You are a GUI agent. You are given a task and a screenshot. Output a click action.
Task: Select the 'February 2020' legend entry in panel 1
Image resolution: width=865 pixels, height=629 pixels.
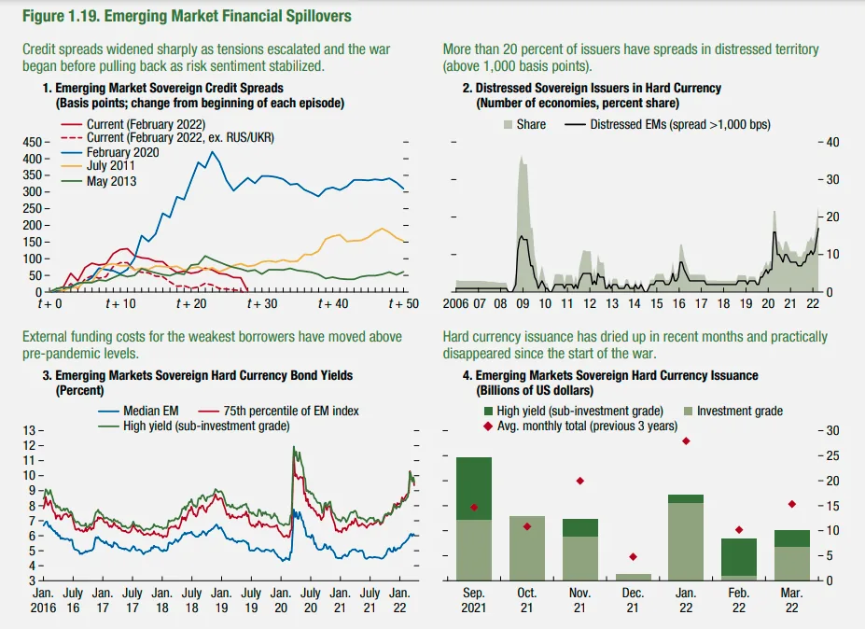click(122, 152)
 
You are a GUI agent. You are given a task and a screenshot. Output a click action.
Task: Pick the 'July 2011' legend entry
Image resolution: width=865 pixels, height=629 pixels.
click(112, 166)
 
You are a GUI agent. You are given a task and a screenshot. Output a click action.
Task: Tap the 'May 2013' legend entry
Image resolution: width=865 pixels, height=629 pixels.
click(111, 180)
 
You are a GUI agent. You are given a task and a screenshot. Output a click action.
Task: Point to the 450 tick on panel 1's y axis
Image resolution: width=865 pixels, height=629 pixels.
click(30, 142)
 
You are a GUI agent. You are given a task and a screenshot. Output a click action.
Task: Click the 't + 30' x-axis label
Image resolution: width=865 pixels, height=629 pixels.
click(262, 304)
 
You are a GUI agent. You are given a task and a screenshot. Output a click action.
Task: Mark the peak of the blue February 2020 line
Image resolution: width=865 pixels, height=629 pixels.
click(213, 152)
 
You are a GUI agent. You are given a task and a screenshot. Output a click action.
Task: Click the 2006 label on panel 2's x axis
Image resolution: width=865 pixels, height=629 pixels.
click(456, 304)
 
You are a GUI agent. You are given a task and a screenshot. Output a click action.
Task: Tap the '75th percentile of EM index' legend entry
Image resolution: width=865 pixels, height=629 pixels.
click(291, 411)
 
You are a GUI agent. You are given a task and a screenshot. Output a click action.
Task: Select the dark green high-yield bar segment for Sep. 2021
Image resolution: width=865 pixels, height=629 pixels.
click(473, 488)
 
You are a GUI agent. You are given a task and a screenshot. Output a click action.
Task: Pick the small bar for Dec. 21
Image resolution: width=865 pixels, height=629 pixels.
click(633, 577)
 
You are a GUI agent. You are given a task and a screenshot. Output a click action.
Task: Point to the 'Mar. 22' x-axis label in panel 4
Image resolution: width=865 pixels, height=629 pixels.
click(792, 600)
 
